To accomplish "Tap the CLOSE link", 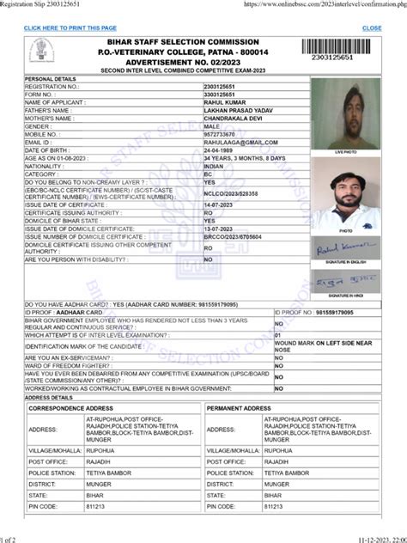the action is click(372, 28).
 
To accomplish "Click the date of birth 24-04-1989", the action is click(221, 150).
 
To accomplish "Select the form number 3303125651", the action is click(222, 95).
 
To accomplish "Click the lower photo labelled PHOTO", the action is click(345, 192).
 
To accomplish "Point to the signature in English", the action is click(345, 247).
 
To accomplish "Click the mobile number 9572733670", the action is click(223, 134).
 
